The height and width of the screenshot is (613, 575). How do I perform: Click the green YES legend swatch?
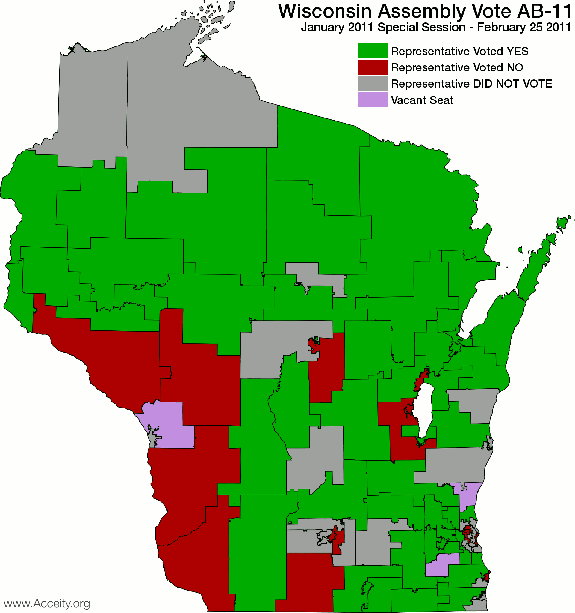[x=372, y=51]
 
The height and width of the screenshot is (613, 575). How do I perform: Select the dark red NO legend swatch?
[x=372, y=67]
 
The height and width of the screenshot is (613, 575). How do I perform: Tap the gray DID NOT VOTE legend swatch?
[x=372, y=84]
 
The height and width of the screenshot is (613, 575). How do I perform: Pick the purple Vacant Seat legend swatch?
[x=372, y=100]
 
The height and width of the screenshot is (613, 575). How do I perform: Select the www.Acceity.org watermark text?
[x=47, y=603]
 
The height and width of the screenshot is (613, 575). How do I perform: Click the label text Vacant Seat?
[x=422, y=100]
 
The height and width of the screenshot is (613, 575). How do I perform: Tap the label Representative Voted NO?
[x=457, y=67]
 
